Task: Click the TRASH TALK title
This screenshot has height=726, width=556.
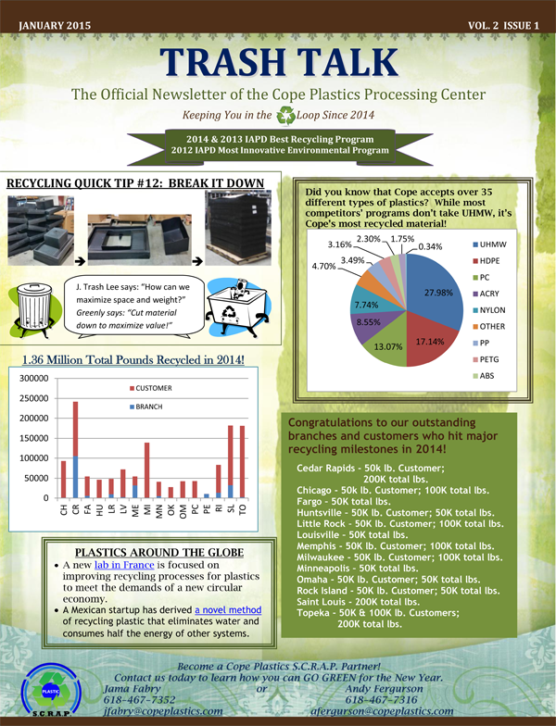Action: coord(279,61)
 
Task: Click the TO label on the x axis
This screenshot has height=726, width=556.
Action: coord(243,510)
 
